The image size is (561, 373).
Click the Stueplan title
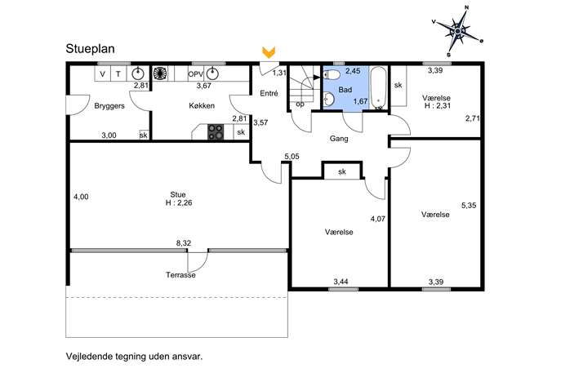click(90, 49)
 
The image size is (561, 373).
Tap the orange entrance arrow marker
click(269, 52)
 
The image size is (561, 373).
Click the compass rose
click(458, 32)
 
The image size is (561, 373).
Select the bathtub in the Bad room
click(378, 88)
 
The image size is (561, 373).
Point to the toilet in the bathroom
click(332, 75)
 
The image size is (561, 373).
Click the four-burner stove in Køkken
click(216, 131)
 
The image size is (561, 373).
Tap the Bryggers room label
click(109, 106)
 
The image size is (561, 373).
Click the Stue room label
click(178, 194)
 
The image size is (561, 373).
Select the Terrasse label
click(180, 275)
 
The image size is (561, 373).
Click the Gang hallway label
click(339, 139)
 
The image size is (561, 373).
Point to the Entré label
click(269, 93)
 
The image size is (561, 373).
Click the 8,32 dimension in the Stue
click(184, 243)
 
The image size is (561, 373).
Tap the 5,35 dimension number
click(469, 206)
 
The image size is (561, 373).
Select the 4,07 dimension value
click(378, 219)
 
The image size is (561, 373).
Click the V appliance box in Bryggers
click(103, 73)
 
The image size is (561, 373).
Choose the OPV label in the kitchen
click(196, 75)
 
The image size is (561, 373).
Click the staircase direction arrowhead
click(316, 77)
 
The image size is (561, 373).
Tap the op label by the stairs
click(301, 104)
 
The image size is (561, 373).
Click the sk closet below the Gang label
click(342, 171)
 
